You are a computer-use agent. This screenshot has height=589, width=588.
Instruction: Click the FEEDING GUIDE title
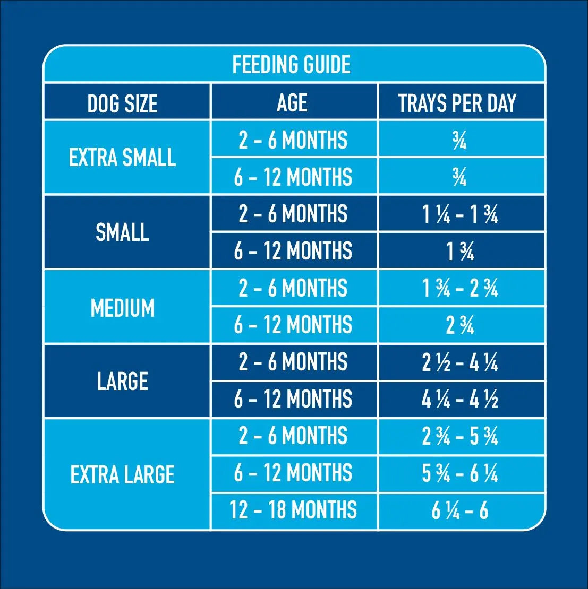pos(292,64)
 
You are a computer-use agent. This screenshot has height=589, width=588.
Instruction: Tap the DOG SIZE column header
pos(122,103)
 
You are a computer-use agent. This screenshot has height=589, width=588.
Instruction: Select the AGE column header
pos(292,102)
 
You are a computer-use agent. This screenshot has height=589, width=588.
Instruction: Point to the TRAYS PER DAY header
pos(457,103)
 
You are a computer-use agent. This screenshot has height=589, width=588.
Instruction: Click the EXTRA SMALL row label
pos(122,157)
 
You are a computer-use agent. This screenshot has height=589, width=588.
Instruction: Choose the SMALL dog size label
pos(122,232)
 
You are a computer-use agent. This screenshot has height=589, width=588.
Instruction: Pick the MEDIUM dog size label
pos(123,308)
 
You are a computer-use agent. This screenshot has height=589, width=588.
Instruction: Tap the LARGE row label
pos(123,381)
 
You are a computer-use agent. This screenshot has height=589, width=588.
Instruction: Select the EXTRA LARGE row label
pos(122,474)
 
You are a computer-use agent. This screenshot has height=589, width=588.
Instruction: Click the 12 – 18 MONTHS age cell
pos(293,510)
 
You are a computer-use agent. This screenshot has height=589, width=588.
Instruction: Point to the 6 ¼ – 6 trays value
pos(460,510)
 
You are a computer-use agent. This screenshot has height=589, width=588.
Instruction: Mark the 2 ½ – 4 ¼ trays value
pos(460,362)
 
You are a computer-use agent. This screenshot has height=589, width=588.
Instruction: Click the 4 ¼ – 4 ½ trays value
pos(460,400)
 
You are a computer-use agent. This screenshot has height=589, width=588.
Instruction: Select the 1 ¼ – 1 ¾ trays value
pos(460,214)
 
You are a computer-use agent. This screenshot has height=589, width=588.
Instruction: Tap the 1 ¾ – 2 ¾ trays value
pos(460,289)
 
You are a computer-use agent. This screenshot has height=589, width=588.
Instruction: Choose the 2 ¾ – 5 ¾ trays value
pos(460,436)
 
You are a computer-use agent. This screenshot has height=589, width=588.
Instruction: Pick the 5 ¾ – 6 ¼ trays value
pos(460,473)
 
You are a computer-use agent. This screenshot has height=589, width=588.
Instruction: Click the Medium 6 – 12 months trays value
pos(460,325)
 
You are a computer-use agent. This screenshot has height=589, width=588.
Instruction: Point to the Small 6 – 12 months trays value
pos(460,252)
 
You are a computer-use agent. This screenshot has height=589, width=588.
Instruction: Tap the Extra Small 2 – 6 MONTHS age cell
pos(293,140)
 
